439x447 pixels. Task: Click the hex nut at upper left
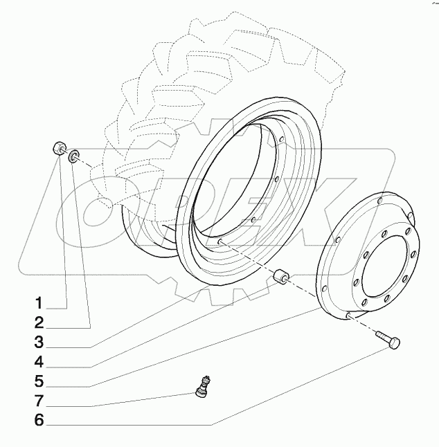pyautogui.click(x=60, y=150)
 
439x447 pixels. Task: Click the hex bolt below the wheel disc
pyautogui.click(x=388, y=340)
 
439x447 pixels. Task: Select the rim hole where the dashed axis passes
pyautogui.click(x=220, y=241)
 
